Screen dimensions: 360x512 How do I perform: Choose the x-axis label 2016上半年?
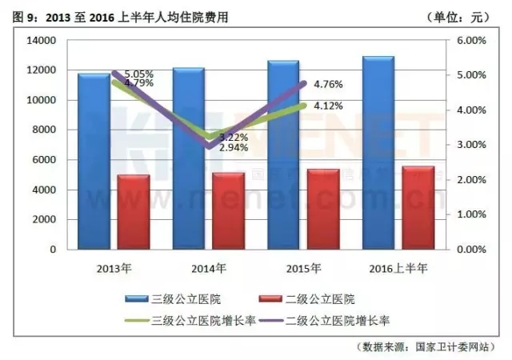(398, 266)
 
